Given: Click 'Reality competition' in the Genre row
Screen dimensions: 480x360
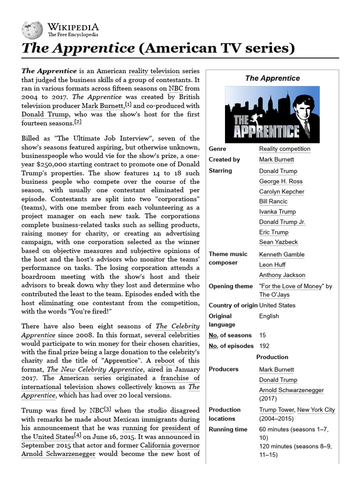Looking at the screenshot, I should pos(285,149).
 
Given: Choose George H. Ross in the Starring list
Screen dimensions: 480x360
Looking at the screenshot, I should pos(281,181).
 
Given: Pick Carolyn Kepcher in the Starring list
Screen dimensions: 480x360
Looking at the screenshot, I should pos(281,192).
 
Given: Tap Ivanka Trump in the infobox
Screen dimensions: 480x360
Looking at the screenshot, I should pos(277,212).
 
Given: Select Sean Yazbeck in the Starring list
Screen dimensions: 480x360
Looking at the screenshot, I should pos(278,242).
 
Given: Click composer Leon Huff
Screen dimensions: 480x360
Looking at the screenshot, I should pos(273,265).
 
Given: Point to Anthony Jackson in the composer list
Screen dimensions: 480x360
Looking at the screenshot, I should pos(282,275).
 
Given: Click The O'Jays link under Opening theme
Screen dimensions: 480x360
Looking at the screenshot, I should pos(274,295).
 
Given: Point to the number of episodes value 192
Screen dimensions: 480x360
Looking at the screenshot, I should pos(265,346).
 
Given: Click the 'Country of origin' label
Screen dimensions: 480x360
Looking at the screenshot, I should pos(232,305).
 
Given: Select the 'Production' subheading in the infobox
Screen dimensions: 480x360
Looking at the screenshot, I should pos(272,357).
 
